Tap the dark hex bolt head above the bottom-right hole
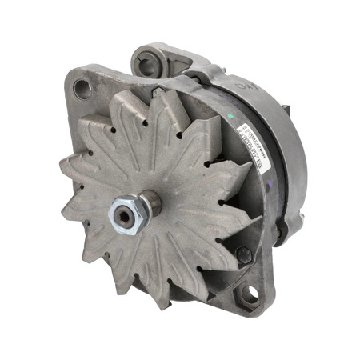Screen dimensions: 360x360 point(243,255)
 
